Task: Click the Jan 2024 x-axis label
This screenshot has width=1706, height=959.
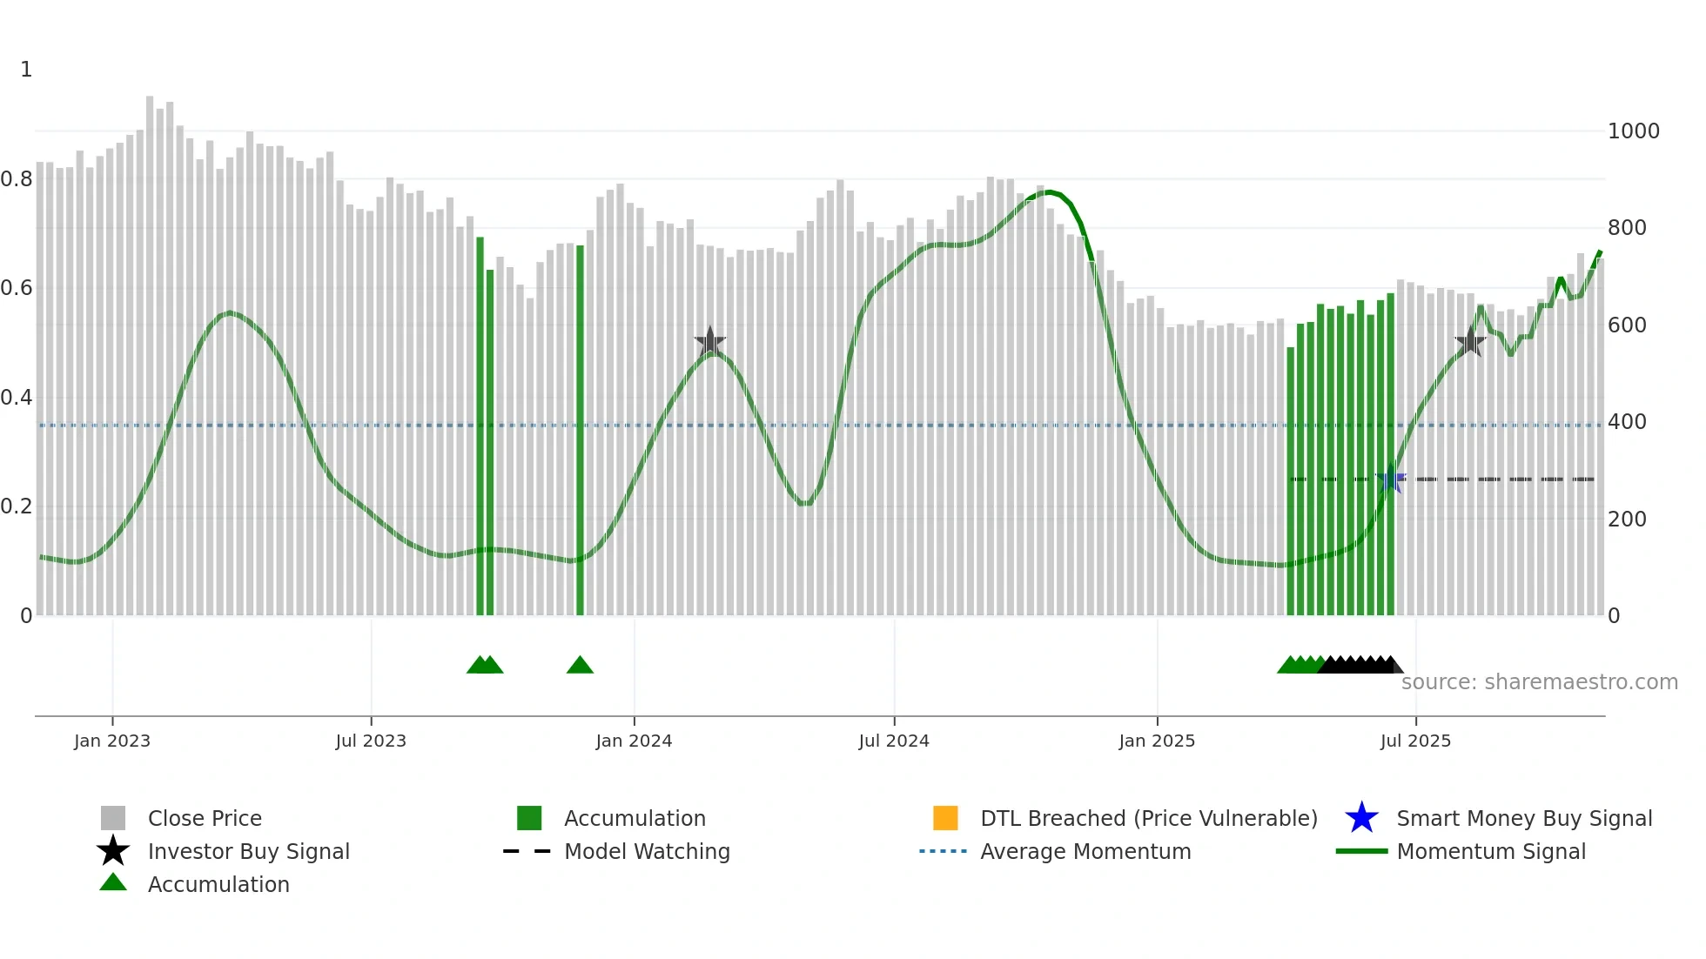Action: pyautogui.click(x=634, y=741)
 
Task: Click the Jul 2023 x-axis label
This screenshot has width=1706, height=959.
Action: pyautogui.click(x=371, y=741)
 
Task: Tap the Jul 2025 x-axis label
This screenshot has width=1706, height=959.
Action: pyautogui.click(x=1415, y=741)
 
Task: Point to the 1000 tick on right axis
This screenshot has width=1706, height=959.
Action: pyautogui.click(x=1633, y=131)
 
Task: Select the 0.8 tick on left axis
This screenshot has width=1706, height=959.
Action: pyautogui.click(x=17, y=179)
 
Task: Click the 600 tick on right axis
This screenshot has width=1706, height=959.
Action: pyautogui.click(x=1627, y=325)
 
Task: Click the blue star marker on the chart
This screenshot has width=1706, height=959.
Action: pyautogui.click(x=1391, y=479)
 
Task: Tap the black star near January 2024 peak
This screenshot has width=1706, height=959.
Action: pyautogui.click(x=710, y=342)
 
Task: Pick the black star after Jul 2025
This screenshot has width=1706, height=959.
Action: pyautogui.click(x=1470, y=342)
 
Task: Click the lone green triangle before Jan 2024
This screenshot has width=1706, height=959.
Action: pyautogui.click(x=580, y=666)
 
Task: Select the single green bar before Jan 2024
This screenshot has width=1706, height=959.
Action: pyautogui.click(x=580, y=431)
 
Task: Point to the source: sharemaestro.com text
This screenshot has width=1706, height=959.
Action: pyautogui.click(x=1539, y=682)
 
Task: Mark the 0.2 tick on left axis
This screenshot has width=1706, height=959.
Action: pyautogui.click(x=17, y=506)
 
